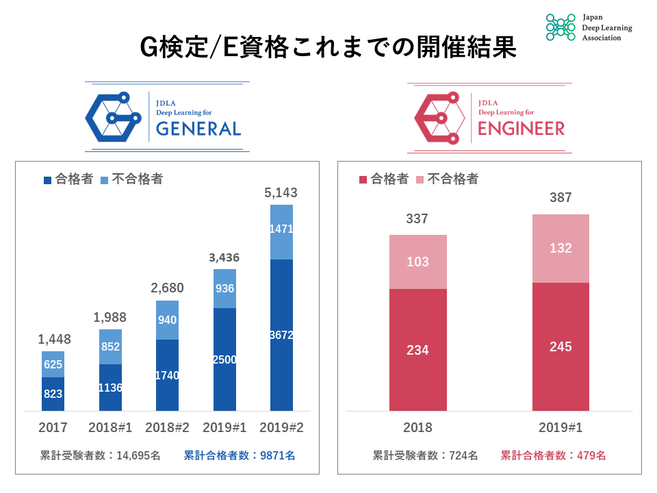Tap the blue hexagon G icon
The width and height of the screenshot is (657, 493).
coord(113,117)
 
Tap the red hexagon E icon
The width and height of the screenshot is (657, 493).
coord(439,117)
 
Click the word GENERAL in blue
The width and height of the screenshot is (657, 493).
coord(198,129)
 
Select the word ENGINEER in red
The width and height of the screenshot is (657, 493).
coord(521,129)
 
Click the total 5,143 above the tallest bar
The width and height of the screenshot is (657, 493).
coord(281,194)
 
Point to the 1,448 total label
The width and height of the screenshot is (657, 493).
coord(54,340)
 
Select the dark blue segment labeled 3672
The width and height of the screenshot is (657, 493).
coord(281,335)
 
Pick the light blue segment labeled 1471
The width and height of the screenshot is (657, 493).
coord(281,231)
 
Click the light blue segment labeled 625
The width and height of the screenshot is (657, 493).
coord(53,364)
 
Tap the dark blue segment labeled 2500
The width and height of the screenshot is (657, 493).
coord(224,359)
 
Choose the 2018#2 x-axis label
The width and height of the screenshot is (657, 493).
coord(167,428)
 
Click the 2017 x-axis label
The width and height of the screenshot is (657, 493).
coord(53,428)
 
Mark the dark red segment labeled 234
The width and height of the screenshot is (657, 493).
coord(417,350)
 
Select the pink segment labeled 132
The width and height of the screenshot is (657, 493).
coord(561,249)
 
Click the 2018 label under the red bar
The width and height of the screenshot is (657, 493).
coord(417,428)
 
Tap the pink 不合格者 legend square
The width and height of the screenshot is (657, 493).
coord(421,180)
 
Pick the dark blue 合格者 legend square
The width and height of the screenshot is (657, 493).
coord(48,180)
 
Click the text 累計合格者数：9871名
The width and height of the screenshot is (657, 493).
coord(240,455)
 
